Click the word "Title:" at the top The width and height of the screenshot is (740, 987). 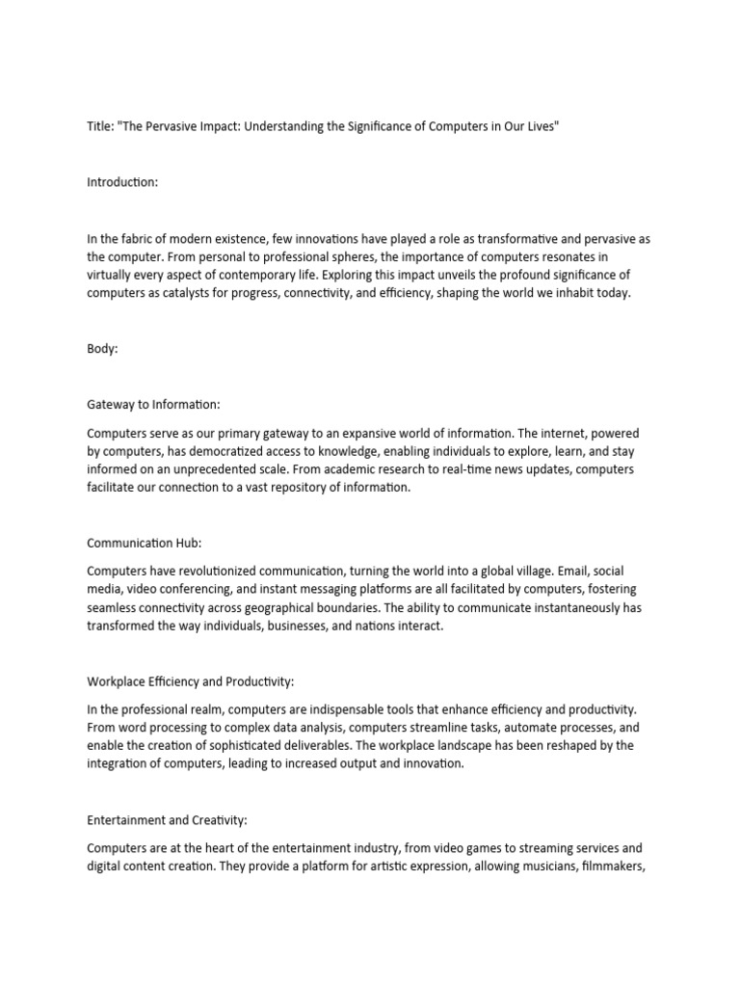[99, 127]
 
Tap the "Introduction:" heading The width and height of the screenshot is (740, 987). [121, 182]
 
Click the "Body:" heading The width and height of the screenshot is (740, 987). [102, 350]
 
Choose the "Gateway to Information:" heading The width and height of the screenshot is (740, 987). [153, 405]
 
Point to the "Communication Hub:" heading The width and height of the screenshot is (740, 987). [144, 544]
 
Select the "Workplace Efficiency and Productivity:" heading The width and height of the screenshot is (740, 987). [190, 681]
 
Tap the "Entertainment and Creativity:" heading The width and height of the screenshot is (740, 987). [167, 820]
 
